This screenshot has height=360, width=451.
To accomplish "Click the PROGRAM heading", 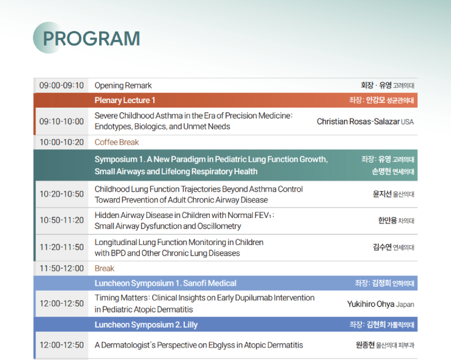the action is click(x=91, y=38).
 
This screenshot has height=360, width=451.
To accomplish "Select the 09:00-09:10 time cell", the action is click(x=61, y=86).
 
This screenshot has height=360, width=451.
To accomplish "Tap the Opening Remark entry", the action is click(x=123, y=86).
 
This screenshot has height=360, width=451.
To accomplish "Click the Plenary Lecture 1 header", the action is click(x=125, y=100).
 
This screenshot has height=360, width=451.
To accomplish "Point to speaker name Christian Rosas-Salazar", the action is click(x=358, y=122).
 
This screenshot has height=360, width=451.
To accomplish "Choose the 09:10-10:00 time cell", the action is click(x=61, y=121).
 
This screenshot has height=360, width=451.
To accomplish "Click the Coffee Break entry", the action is click(x=117, y=143).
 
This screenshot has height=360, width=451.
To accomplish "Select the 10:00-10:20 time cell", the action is click(x=61, y=143).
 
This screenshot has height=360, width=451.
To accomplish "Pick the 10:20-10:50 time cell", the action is click(x=61, y=194).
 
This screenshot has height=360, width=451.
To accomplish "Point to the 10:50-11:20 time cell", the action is click(x=61, y=220).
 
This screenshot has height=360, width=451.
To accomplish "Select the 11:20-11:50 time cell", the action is click(x=61, y=247).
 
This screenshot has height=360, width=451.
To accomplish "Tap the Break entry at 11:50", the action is click(x=104, y=269).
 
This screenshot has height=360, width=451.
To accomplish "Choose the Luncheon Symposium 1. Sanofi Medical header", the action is click(x=165, y=283).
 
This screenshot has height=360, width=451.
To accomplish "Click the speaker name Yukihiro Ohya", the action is click(x=371, y=304).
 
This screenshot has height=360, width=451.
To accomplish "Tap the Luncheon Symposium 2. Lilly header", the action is click(x=146, y=325).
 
